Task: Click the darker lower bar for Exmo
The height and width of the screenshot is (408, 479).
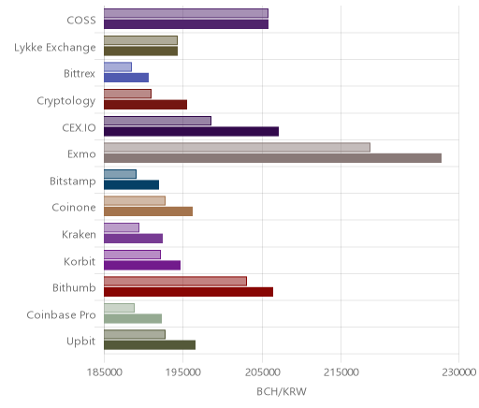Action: click(x=272, y=158)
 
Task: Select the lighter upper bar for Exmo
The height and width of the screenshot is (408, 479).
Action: click(x=237, y=148)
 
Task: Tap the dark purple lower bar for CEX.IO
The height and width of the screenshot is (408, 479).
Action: click(x=191, y=132)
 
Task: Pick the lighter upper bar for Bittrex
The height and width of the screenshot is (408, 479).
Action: click(x=118, y=67)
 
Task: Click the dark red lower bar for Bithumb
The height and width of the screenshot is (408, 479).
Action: click(x=188, y=292)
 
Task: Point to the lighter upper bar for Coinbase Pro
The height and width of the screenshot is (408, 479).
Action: click(x=119, y=308)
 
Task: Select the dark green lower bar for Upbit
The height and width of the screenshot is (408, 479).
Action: click(x=150, y=345)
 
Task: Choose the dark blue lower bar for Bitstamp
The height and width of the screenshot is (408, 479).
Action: click(x=131, y=185)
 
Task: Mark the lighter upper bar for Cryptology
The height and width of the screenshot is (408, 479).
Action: click(x=127, y=94)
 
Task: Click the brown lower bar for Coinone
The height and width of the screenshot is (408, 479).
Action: click(x=148, y=211)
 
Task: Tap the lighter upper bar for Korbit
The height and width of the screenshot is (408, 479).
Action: click(x=132, y=255)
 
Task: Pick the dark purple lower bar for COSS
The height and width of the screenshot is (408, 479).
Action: click(x=186, y=24)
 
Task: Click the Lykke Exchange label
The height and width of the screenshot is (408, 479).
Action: click(x=55, y=48)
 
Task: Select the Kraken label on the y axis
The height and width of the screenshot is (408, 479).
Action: click(x=79, y=234)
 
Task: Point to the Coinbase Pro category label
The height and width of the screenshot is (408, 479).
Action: click(x=61, y=314)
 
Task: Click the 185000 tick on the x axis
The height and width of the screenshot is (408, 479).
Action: click(x=104, y=372)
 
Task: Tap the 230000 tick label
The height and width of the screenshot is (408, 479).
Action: click(x=458, y=372)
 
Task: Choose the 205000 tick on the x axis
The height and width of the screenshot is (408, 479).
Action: click(x=262, y=372)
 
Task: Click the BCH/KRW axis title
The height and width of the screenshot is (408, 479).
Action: click(x=282, y=391)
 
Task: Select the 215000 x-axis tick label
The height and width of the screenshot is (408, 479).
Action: click(x=341, y=372)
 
